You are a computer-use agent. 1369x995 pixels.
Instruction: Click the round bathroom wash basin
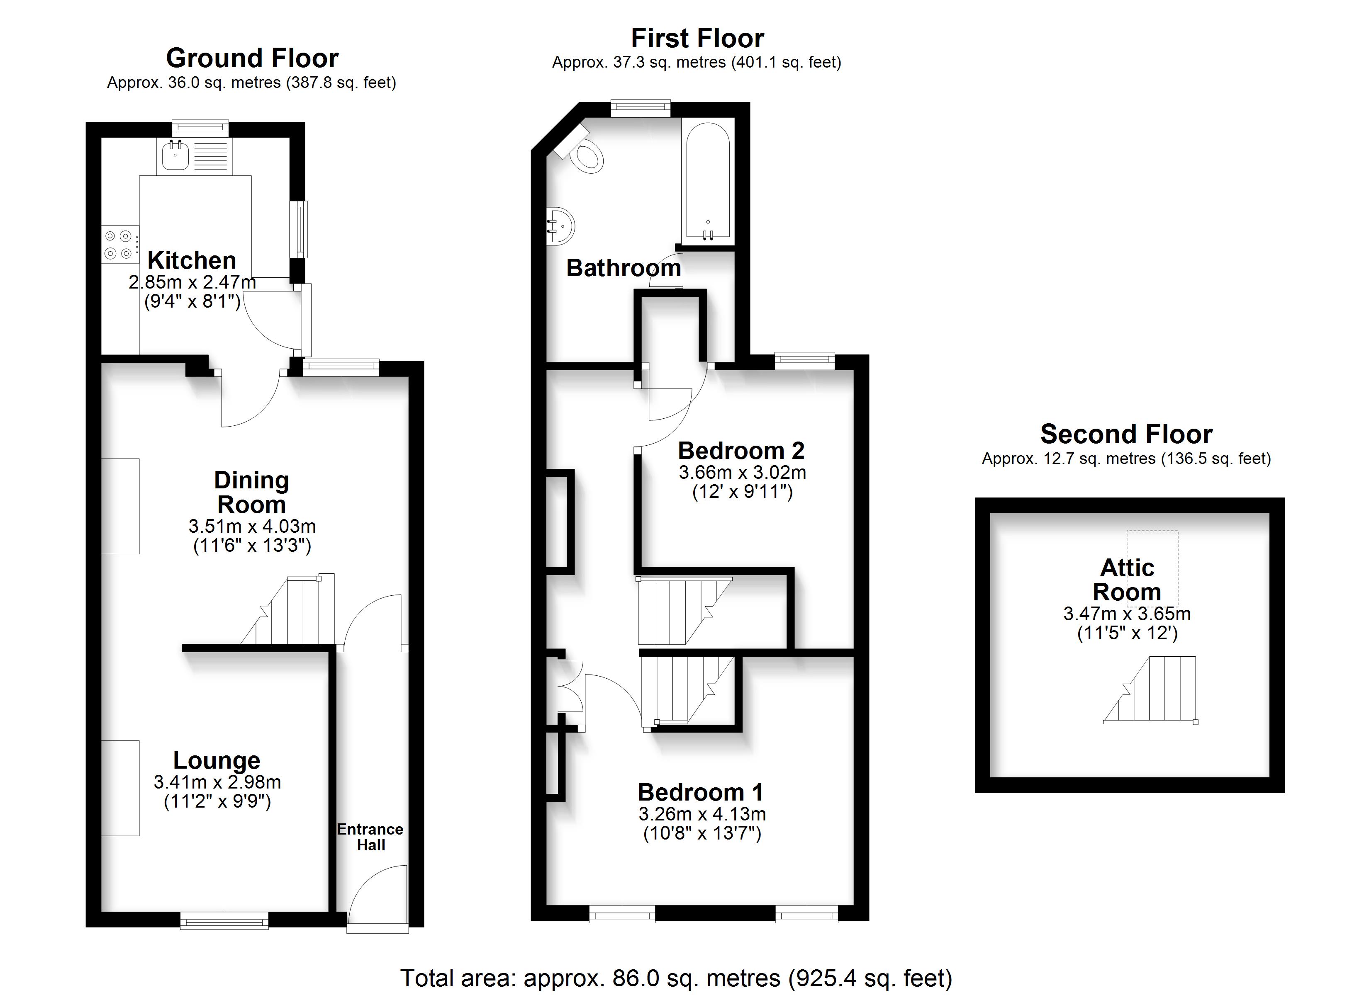coord(560,226)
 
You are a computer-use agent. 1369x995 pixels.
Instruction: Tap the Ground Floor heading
coord(252,58)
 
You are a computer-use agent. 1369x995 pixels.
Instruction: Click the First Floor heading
coord(697,38)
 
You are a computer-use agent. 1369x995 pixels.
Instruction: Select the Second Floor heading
coord(1126,434)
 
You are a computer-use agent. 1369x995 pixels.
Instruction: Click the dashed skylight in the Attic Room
coord(1152,560)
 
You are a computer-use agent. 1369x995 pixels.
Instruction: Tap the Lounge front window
coord(224,920)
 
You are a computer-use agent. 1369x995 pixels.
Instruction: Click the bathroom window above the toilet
coord(641,108)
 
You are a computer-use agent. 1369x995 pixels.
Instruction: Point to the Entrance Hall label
coord(370,837)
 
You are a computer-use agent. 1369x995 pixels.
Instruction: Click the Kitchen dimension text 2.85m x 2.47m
coord(192,282)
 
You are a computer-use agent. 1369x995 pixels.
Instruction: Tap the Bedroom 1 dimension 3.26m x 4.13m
coord(702,814)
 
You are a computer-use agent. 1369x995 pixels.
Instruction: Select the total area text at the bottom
coord(676,978)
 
